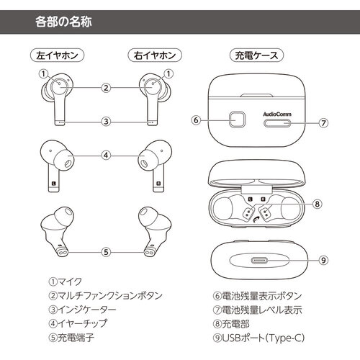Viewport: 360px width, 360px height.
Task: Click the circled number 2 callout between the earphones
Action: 106,88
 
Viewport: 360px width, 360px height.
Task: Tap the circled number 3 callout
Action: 106,121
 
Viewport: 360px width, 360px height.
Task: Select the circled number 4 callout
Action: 106,154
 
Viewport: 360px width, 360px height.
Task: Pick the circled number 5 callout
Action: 106,252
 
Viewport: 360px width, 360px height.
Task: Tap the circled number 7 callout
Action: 323,122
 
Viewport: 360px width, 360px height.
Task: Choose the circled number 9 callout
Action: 323,260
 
